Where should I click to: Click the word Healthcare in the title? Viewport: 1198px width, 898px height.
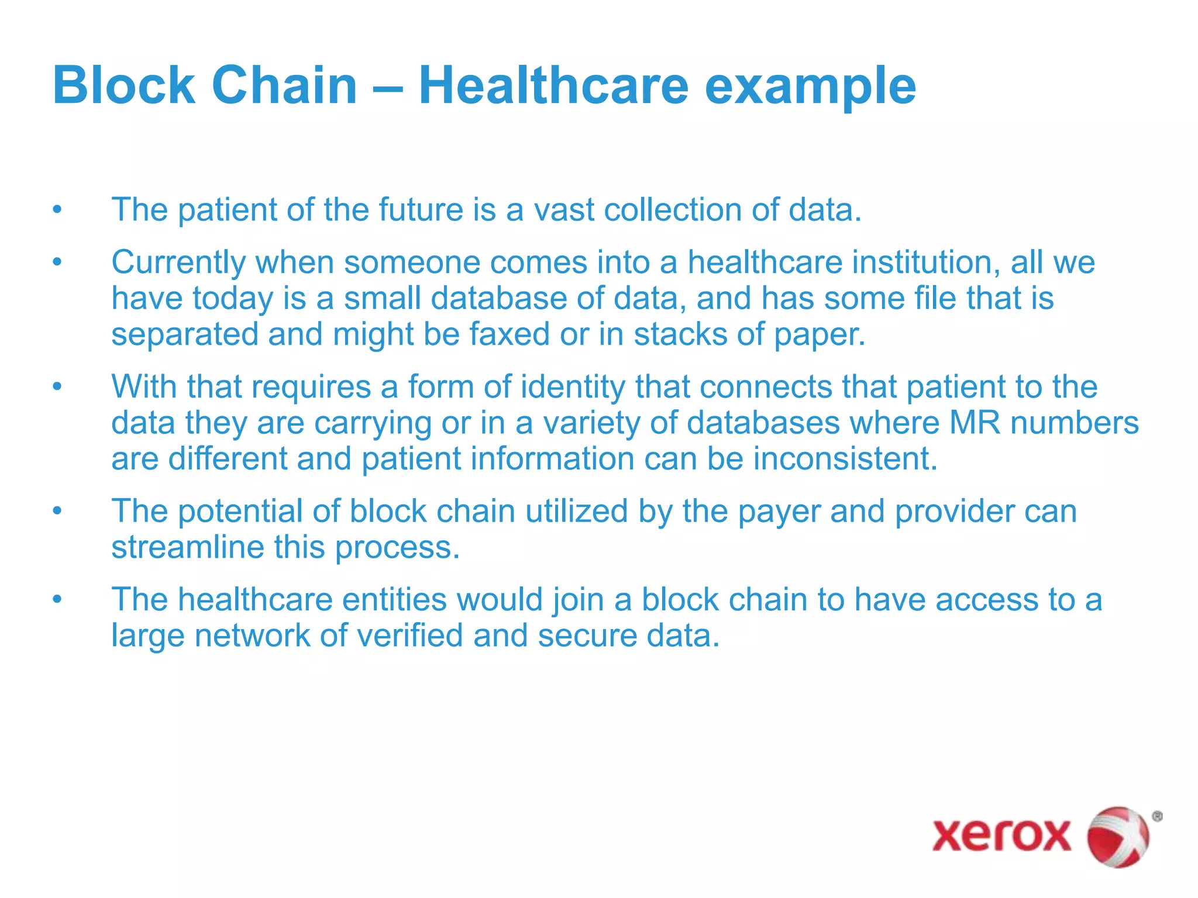click(x=553, y=85)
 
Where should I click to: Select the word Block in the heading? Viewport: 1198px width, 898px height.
click(x=123, y=85)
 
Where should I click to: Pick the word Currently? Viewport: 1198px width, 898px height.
click(x=178, y=263)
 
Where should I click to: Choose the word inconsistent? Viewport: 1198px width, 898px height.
click(x=845, y=459)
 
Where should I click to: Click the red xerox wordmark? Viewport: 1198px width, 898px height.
click(x=1001, y=835)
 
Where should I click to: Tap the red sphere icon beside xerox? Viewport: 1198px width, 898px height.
click(x=1117, y=836)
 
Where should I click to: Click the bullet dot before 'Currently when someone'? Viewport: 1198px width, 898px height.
click(x=57, y=263)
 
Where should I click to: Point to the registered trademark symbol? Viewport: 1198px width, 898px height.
click(x=1156, y=816)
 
